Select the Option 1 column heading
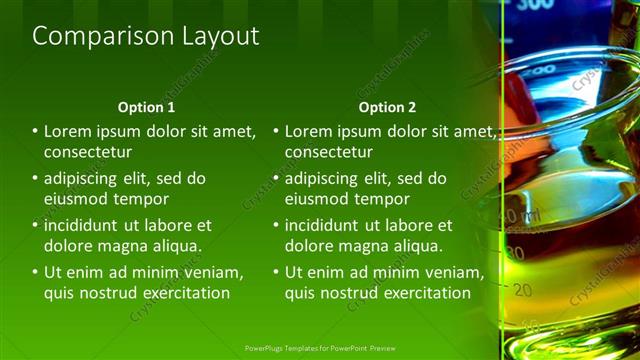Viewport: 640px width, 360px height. (x=146, y=107)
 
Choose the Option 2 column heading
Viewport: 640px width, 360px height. (x=388, y=107)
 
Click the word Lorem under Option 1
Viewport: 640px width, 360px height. (x=67, y=131)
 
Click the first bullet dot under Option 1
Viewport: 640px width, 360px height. (x=36, y=131)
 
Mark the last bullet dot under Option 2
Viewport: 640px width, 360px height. (x=277, y=272)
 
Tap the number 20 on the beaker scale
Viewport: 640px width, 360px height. (x=522, y=290)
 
